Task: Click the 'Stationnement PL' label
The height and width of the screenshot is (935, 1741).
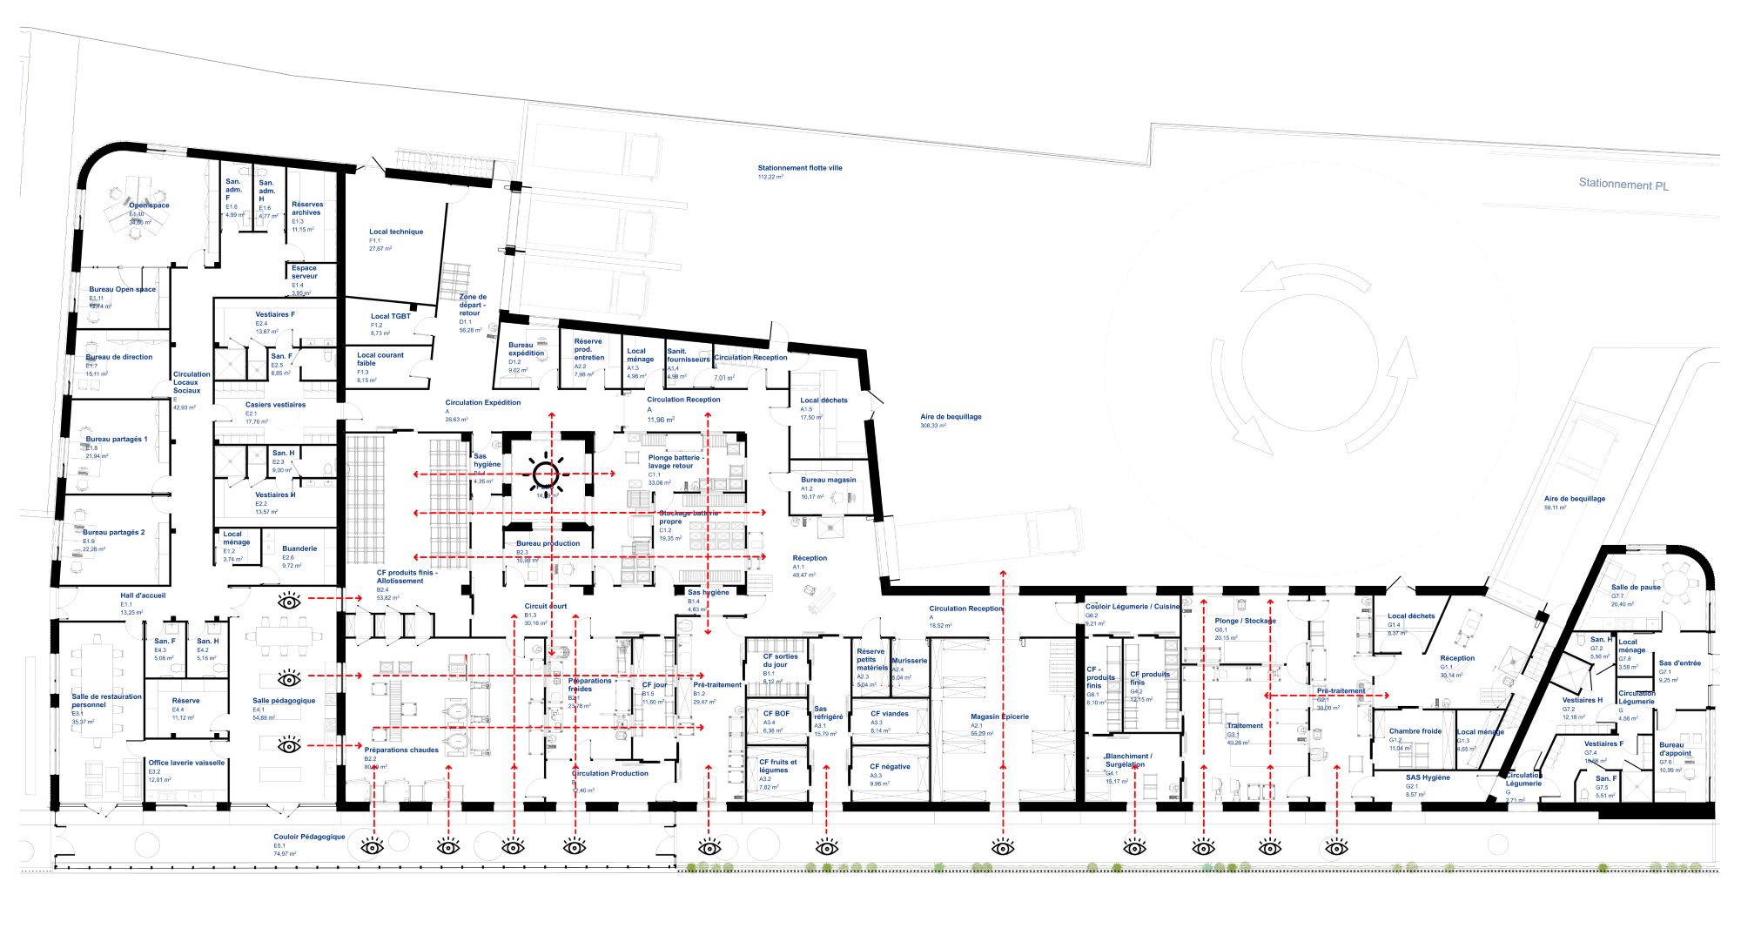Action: tap(1623, 185)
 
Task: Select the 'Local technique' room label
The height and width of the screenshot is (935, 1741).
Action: tap(396, 232)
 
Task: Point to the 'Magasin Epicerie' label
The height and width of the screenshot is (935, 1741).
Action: tap(999, 717)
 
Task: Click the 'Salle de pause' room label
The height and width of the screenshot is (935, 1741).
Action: tap(1636, 588)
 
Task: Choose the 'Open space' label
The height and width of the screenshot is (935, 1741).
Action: tap(149, 205)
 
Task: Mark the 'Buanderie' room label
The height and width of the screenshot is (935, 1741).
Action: tap(299, 549)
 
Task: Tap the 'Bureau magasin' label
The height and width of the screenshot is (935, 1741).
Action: tap(828, 481)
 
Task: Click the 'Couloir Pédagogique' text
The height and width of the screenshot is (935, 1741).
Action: tap(309, 837)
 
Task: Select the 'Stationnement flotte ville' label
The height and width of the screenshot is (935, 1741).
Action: tap(799, 168)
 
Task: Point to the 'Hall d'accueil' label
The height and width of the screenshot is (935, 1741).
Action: tap(143, 596)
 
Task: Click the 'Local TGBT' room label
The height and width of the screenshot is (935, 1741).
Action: tap(390, 317)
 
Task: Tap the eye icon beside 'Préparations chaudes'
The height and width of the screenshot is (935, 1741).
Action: tap(290, 745)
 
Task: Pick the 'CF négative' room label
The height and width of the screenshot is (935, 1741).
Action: tap(891, 767)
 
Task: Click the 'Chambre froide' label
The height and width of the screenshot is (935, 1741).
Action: tap(1415, 731)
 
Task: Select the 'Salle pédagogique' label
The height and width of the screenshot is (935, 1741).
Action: tap(284, 701)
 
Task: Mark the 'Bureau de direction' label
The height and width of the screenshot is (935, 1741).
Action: tap(119, 357)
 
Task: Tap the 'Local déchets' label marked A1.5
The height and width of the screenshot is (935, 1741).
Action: tap(823, 400)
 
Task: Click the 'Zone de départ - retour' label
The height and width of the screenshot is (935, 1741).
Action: tap(473, 305)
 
